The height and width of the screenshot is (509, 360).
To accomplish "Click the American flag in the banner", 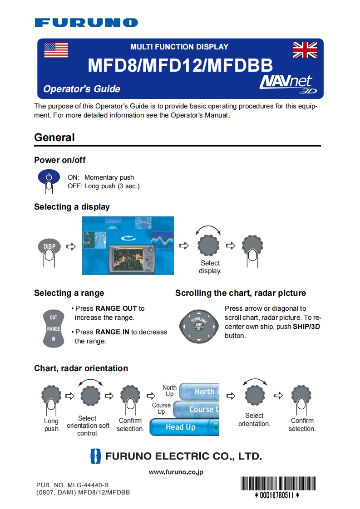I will pyautogui.click(x=56, y=50).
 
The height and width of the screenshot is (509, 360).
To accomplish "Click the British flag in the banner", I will pyautogui.click(x=305, y=50).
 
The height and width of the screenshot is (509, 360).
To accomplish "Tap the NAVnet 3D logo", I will pyautogui.click(x=286, y=83).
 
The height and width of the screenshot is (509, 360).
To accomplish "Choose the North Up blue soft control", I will pyautogui.click(x=200, y=392).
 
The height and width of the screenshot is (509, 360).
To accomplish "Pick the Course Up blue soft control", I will pyautogui.click(x=197, y=409).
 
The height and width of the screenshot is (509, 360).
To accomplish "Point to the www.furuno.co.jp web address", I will pyautogui.click(x=176, y=472).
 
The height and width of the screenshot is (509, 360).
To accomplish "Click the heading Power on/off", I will pyautogui.click(x=60, y=160).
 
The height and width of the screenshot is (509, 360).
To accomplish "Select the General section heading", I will pyautogui.click(x=54, y=137).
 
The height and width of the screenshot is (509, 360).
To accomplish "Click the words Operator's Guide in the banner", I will pyautogui.click(x=82, y=89).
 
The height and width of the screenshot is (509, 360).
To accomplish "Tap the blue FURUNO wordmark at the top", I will pyautogui.click(x=86, y=22).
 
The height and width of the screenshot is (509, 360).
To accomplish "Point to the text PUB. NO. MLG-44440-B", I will pyautogui.click(x=73, y=485).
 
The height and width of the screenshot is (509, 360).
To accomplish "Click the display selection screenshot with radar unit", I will pyautogui.click(x=128, y=245).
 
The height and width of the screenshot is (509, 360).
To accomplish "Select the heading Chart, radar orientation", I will pyautogui.click(x=81, y=368).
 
